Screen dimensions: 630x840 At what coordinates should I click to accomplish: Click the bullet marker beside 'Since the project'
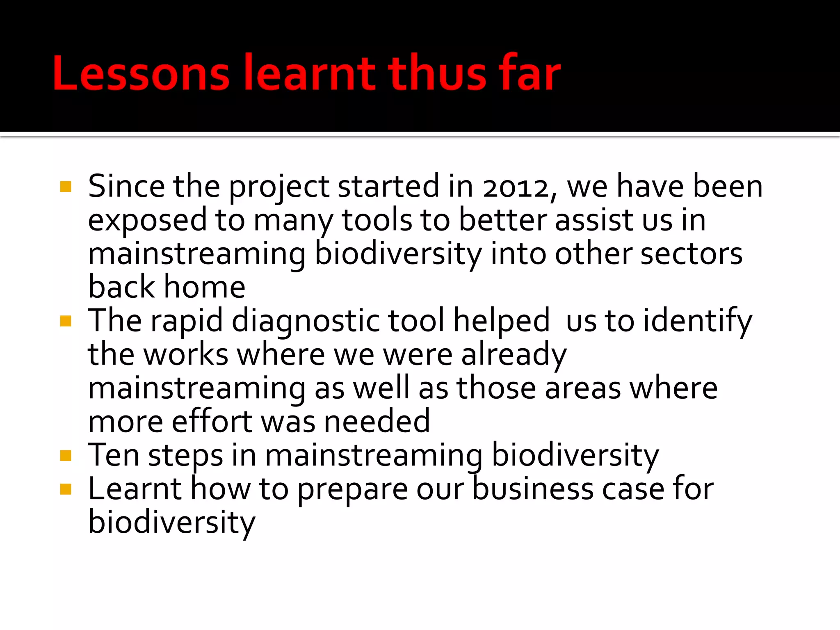[x=66, y=187]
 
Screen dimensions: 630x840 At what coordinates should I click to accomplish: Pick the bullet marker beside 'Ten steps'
[x=66, y=455]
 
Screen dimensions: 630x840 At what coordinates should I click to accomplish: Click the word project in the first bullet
[x=279, y=187]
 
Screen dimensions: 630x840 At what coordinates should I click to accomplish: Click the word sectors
[x=691, y=254]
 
